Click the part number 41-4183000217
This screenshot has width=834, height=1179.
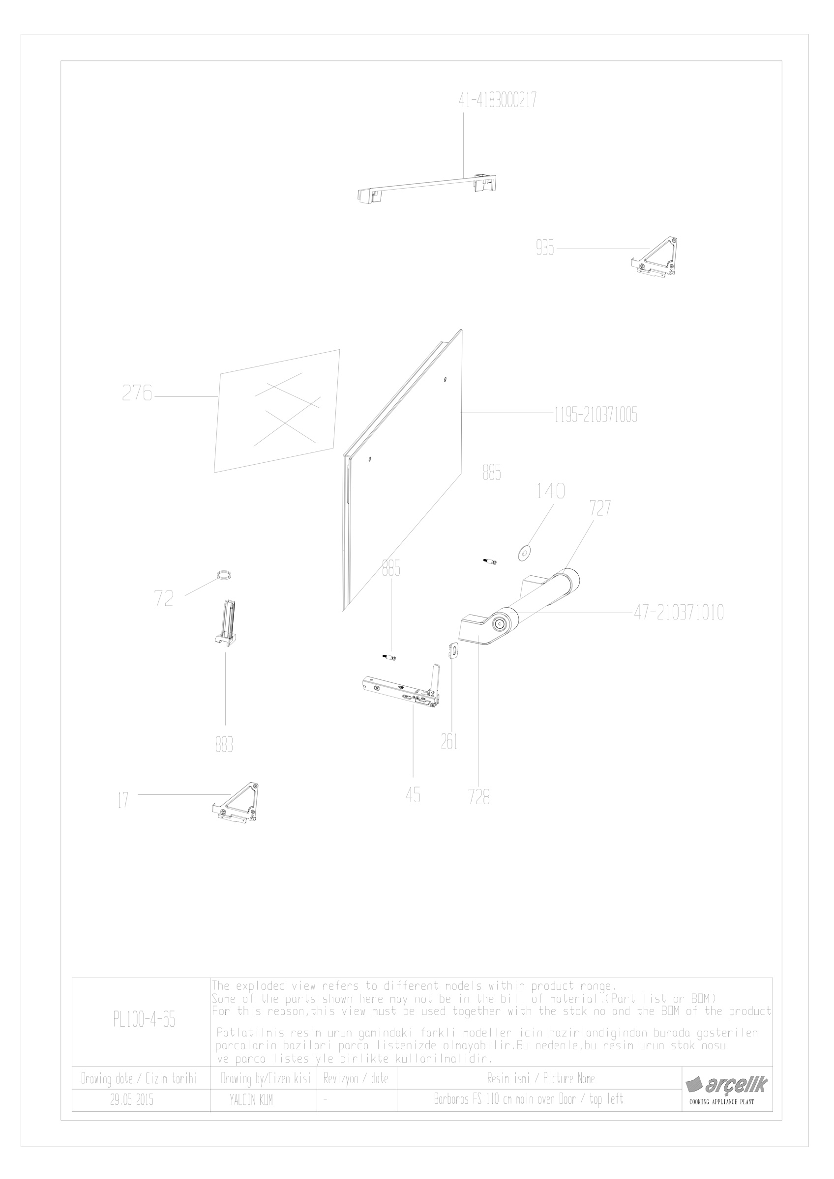point(498,100)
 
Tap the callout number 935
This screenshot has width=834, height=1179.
point(545,249)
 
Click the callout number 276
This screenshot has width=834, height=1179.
point(137,393)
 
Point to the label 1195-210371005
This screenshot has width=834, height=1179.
point(596,415)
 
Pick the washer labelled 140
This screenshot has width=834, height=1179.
point(524,552)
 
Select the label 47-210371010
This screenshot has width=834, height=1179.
point(678,612)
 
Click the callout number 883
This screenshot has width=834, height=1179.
point(224,744)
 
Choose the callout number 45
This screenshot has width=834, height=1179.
point(413,795)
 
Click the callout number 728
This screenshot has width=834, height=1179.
point(479,797)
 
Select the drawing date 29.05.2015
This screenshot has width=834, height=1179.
point(132,1100)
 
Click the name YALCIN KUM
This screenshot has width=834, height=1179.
point(251,1100)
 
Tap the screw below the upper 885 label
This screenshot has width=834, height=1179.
point(491,562)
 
